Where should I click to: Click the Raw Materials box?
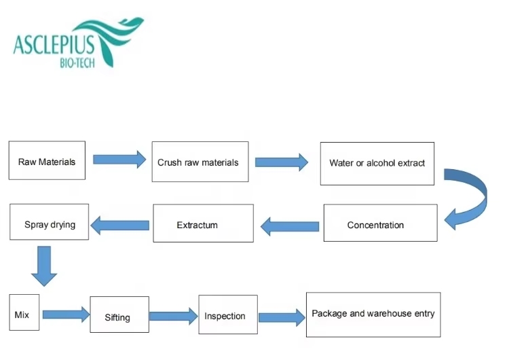[x=47, y=160]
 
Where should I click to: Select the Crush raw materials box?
[x=200, y=162]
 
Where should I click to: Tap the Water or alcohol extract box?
[x=377, y=164]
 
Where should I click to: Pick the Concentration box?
[x=381, y=223]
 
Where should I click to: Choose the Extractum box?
[x=203, y=223]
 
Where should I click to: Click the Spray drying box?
[x=50, y=222]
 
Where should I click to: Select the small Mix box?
[x=24, y=312]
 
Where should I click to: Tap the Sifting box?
[x=119, y=314]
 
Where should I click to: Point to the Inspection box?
[x=228, y=314]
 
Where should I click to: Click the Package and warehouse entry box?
[x=373, y=314]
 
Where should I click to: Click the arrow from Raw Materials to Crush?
[x=119, y=160]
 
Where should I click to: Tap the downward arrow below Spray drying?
[x=44, y=266]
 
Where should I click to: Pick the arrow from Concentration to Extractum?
[x=290, y=226]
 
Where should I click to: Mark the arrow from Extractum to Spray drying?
[x=119, y=225]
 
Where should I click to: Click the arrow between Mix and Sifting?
[x=67, y=314]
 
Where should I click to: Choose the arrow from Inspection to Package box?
[x=282, y=317]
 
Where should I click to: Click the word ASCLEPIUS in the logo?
[x=54, y=45]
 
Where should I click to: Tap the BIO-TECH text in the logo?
[x=77, y=62]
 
